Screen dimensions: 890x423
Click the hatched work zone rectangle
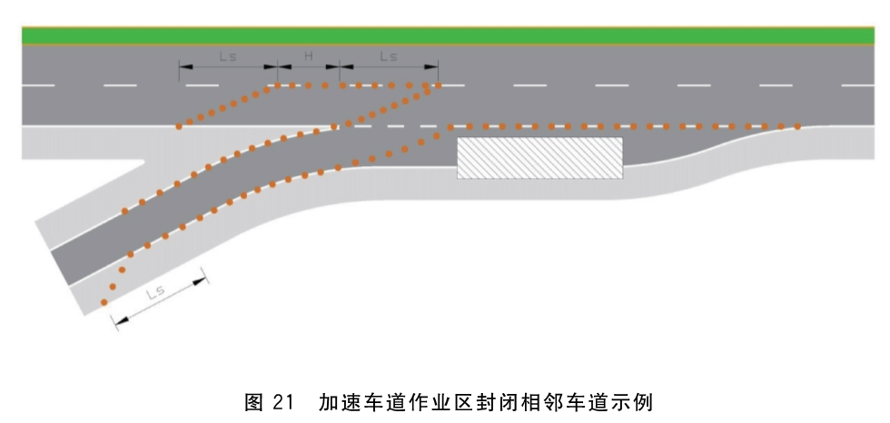pyautogui.click(x=539, y=158)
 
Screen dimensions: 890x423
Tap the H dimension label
pyautogui.click(x=308, y=56)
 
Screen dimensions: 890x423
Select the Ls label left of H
pyautogui.click(x=228, y=56)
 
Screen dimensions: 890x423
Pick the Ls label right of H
pyautogui.click(x=389, y=56)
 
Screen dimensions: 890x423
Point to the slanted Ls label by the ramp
pyautogui.click(x=155, y=292)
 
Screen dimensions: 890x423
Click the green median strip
pyautogui.click(x=448, y=35)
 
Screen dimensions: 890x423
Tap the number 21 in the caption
pyautogui.click(x=283, y=403)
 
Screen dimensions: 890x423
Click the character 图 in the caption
pyautogui.click(x=253, y=403)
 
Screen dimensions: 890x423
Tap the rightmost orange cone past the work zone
pyautogui.click(x=797, y=126)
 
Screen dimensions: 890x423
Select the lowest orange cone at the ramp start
pyautogui.click(x=104, y=302)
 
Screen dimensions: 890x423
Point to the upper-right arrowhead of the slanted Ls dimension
pyautogui.click(x=200, y=280)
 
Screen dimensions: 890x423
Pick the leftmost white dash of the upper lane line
pyautogui.click(x=38, y=85)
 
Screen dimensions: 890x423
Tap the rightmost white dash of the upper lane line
pyautogui.click(x=857, y=85)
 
